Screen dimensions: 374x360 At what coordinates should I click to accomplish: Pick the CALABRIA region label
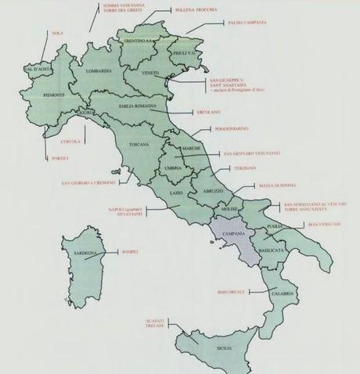283,293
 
